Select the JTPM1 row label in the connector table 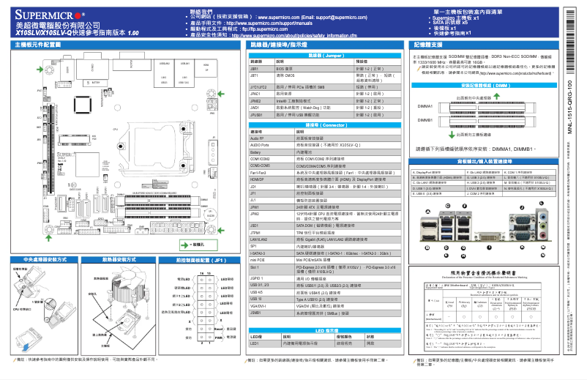click(x=257, y=231)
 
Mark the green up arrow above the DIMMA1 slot click(x=452, y=97)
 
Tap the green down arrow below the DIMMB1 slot click(x=452, y=134)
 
